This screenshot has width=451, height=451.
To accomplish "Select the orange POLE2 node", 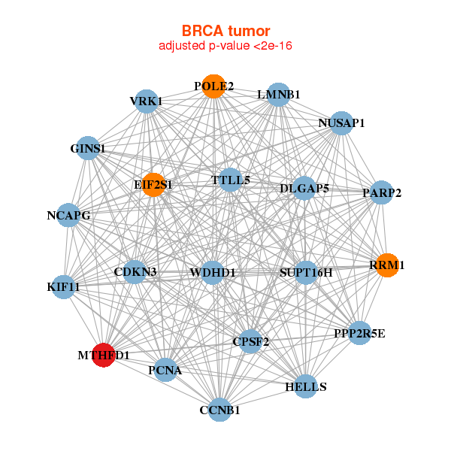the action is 213,86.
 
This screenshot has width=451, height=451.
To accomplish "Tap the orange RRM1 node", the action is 387,265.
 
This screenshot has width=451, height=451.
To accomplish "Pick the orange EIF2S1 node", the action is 153,184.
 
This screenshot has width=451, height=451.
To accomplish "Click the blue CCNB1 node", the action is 219,410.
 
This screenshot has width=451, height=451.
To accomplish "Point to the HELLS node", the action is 306,386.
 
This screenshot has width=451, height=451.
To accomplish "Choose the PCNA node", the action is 165,369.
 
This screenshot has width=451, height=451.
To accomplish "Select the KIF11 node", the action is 64,286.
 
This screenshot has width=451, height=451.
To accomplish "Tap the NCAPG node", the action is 68,216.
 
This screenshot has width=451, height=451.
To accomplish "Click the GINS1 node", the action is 88,149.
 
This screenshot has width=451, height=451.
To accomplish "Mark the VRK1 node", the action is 146,101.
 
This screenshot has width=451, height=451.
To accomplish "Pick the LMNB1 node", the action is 279,95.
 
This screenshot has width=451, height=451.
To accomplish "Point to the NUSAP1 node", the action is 341,123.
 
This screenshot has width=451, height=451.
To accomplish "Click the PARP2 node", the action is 382,193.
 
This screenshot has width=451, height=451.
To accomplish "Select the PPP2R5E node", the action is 359,333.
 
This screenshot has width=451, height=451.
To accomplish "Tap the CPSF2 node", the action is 251,341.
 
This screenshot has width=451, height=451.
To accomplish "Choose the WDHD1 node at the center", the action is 213,272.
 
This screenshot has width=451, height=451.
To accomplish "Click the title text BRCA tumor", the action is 225,31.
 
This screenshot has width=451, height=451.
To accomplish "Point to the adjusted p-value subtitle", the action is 225,46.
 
